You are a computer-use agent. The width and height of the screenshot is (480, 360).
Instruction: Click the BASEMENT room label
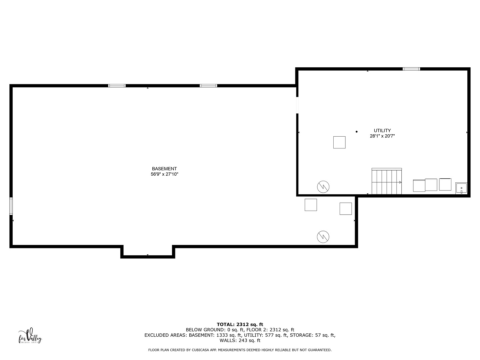[164, 169]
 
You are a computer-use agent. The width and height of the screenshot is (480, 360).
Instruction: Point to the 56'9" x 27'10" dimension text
[164, 174]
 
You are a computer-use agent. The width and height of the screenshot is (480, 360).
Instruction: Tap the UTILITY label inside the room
[382, 130]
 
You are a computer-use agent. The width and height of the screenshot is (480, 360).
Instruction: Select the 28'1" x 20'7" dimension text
[382, 136]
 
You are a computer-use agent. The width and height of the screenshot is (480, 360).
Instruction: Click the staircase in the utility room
[387, 181]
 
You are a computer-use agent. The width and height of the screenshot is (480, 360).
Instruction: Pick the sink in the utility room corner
[461, 188]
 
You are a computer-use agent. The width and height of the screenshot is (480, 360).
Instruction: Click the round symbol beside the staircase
[323, 187]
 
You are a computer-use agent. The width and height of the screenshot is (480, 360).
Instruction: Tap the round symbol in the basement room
[323, 237]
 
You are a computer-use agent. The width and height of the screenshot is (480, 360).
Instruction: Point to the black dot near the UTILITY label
[356, 132]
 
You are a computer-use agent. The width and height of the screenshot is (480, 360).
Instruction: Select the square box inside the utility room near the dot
[339, 143]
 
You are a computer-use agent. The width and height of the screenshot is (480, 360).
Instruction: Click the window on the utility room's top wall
[411, 69]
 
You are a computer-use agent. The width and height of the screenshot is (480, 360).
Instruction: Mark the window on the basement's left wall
[11, 206]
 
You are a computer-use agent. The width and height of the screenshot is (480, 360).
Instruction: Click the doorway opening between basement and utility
[297, 105]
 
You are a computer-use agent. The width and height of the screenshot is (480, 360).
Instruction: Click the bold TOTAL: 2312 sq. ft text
[240, 325]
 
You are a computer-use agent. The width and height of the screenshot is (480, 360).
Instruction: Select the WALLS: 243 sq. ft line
[240, 340]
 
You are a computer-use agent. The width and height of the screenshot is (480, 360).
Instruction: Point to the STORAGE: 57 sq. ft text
[312, 335]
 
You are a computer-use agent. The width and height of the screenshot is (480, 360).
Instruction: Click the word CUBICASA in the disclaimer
[200, 350]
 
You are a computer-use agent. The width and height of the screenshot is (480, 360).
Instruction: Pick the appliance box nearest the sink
[445, 184]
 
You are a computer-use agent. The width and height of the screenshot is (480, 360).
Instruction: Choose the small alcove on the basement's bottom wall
[148, 252]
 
